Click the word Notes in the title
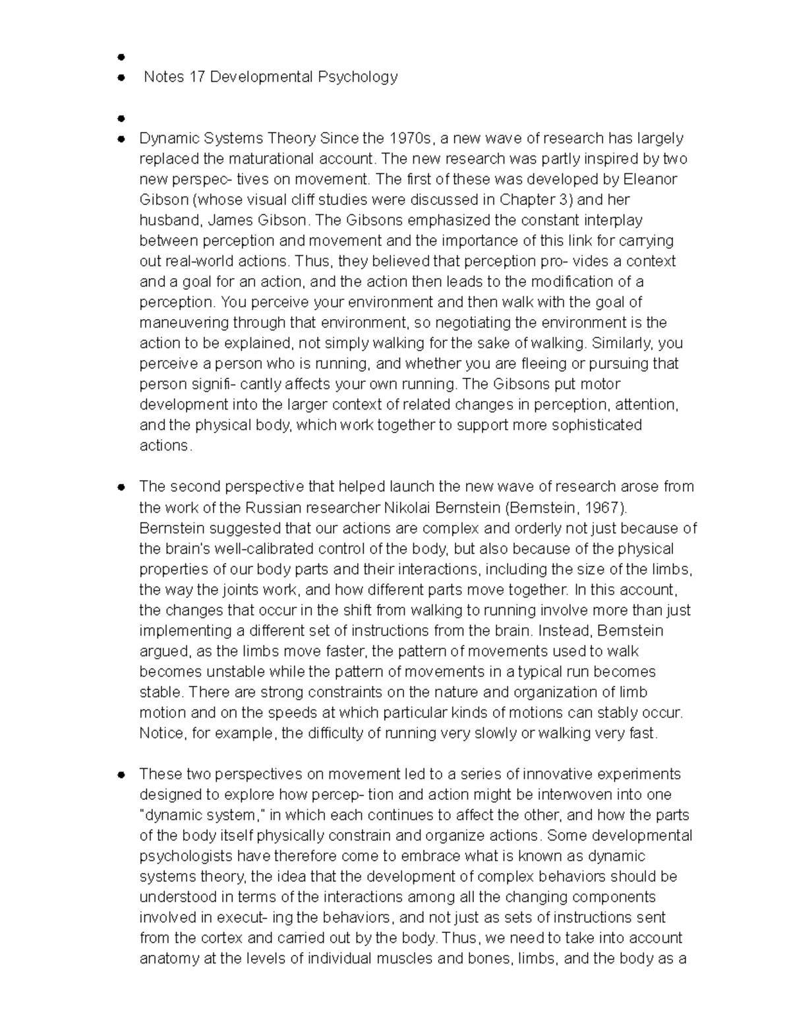[163, 77]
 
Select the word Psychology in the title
[358, 77]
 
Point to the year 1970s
[411, 138]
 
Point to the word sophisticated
[597, 425]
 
